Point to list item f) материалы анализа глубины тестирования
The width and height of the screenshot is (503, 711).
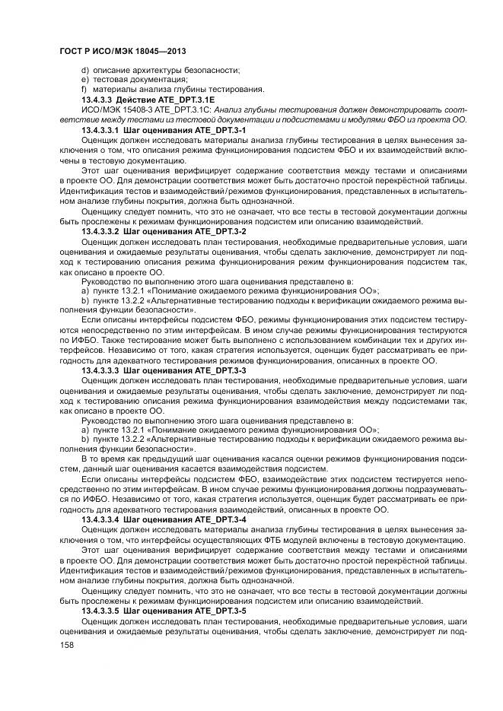[x=172, y=89]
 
